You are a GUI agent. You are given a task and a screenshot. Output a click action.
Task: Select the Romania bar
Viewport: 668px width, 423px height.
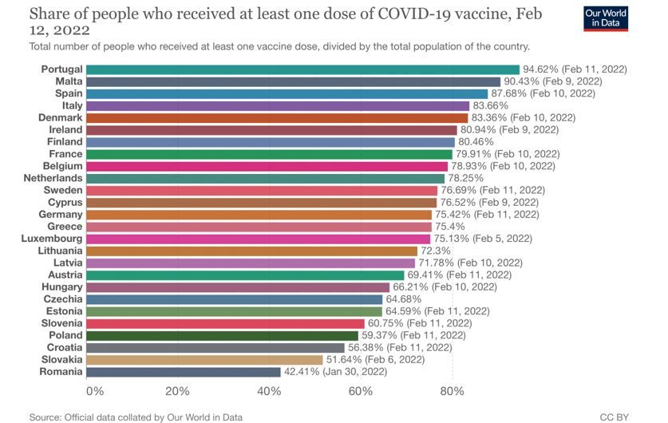(x=183, y=371)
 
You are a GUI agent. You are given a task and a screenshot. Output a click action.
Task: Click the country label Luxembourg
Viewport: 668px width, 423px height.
(x=52, y=238)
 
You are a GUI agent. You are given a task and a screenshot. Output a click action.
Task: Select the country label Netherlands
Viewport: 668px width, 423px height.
(x=53, y=177)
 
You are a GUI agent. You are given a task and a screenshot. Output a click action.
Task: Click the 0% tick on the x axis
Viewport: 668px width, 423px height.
(x=94, y=391)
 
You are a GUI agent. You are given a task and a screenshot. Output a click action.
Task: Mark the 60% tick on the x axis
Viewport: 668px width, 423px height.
(x=361, y=391)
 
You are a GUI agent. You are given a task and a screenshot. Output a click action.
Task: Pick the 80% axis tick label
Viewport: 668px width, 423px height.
(x=452, y=391)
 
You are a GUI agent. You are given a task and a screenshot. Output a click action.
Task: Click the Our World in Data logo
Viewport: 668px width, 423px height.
(x=627, y=18)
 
